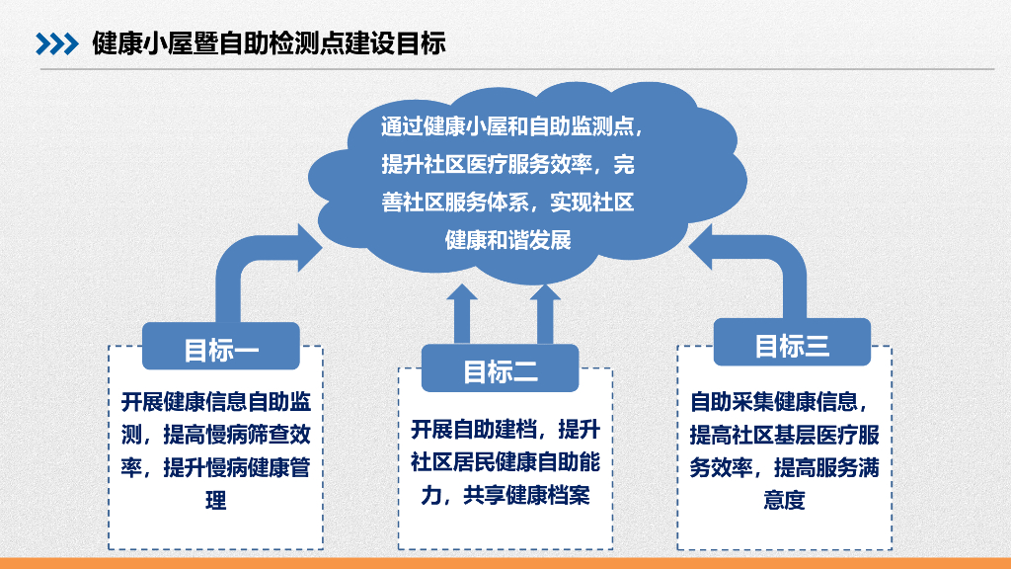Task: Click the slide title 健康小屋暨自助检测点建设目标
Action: point(269,43)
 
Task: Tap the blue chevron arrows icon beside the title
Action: point(56,43)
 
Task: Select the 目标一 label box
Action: point(221,348)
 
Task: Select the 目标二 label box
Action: point(501,370)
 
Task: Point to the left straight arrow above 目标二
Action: point(461,314)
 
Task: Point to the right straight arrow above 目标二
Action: point(542,314)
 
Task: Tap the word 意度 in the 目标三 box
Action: point(784,500)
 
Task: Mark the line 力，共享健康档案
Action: point(505,495)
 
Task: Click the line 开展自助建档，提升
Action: point(505,430)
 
